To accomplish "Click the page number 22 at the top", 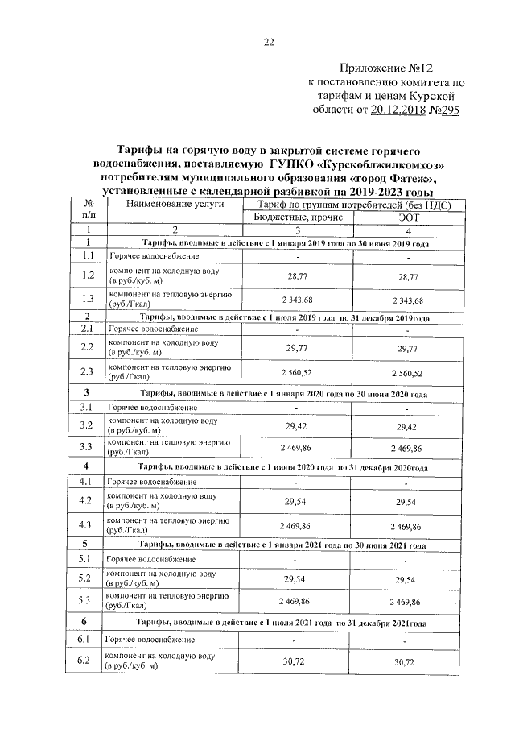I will pyautogui.click(x=270, y=42).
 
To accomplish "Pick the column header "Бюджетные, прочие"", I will pyautogui.click(x=298, y=217).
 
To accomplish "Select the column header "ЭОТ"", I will pyautogui.click(x=410, y=217).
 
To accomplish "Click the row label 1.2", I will pyautogui.click(x=88, y=275).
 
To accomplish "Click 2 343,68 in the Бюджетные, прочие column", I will pyautogui.click(x=297, y=300).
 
